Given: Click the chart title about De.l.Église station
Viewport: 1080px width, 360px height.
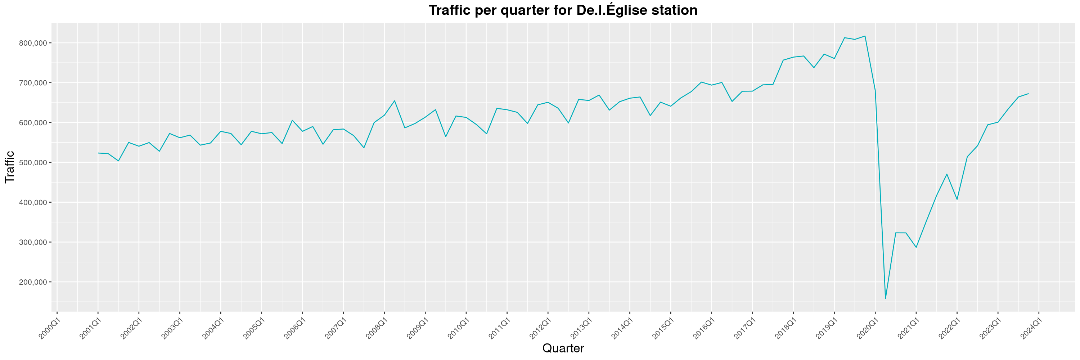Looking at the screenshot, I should [563, 10].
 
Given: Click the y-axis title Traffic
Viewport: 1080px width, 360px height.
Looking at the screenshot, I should [9, 167].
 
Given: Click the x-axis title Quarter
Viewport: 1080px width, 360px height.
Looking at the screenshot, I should [563, 348].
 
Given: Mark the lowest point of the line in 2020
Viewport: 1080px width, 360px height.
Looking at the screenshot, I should [885, 298].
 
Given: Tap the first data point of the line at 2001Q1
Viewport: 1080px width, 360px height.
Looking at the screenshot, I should [98, 153].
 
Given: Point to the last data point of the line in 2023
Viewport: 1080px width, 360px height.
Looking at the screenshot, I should [1029, 94].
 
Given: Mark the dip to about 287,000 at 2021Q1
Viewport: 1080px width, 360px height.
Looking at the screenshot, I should [916, 247].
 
